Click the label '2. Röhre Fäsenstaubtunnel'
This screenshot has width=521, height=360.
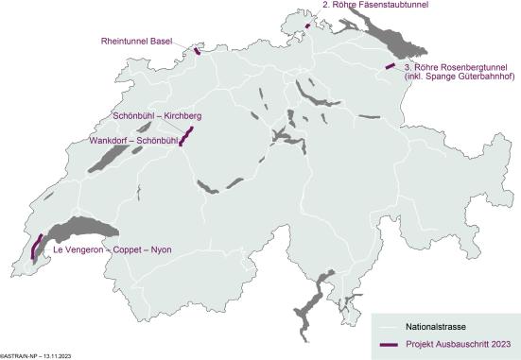click(375, 5)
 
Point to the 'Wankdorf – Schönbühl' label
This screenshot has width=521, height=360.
click(133, 140)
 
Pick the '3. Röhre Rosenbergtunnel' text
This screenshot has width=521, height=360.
click(456, 68)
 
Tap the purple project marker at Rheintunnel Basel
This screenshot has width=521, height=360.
click(197, 50)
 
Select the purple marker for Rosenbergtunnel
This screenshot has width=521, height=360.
click(390, 66)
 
